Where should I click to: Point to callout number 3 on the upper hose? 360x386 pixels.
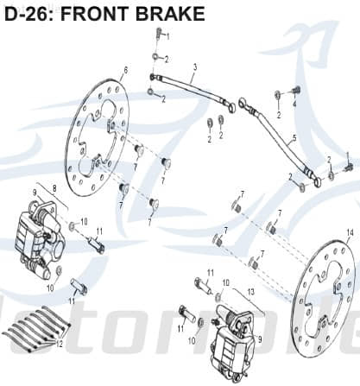tap(195, 66)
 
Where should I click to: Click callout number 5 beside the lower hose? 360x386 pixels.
tap(294, 137)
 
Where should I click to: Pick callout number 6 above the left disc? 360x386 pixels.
tap(126, 70)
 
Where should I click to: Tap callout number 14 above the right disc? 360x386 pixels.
tap(350, 232)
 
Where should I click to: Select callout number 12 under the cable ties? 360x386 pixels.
tap(60, 343)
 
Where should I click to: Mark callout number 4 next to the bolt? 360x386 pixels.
tap(294, 104)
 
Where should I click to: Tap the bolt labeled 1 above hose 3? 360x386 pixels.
tap(159, 34)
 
